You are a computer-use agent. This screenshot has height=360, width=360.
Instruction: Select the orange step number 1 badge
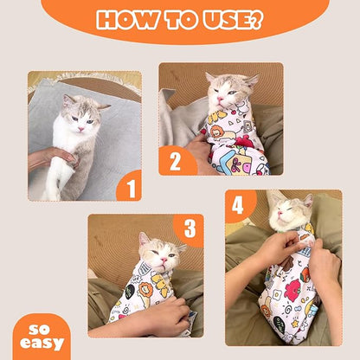coord(128,184)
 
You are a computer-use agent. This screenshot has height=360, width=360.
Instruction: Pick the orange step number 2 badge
coord(176,160)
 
